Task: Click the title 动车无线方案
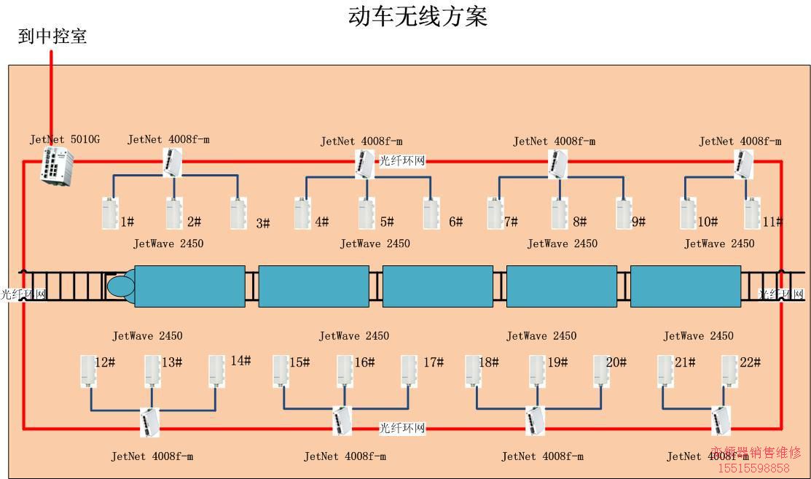tap(418, 15)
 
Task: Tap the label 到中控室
tap(52, 36)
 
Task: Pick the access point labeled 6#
tap(431, 213)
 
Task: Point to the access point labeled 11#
tap(753, 213)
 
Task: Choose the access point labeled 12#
tap(88, 370)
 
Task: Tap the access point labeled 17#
tap(410, 370)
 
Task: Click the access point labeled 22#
tap(730, 370)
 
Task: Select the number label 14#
tap(240, 360)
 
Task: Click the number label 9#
tap(638, 222)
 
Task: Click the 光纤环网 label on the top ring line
tap(401, 160)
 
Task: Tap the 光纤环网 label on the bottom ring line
tap(401, 428)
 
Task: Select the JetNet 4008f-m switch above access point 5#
tap(364, 164)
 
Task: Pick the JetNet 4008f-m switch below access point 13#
tap(149, 421)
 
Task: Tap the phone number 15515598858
tap(753, 468)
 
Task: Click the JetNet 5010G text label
tap(64, 139)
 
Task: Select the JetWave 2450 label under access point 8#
tap(562, 244)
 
